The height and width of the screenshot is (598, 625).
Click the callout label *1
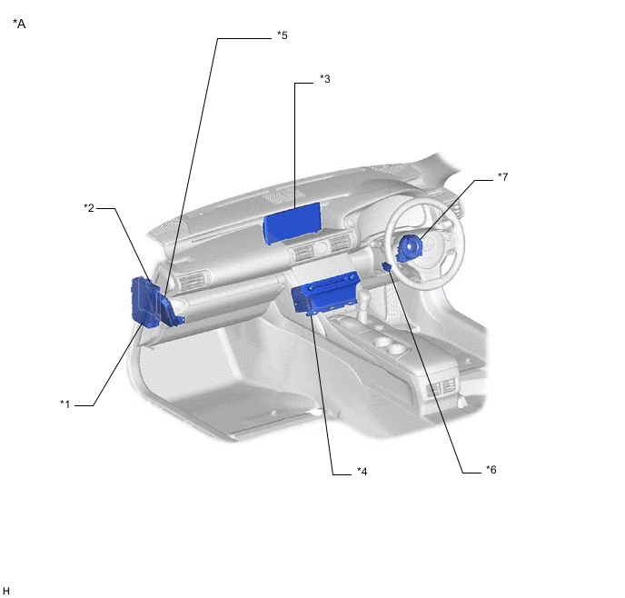pyautogui.click(x=65, y=404)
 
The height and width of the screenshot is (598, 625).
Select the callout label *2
pyautogui.click(x=89, y=208)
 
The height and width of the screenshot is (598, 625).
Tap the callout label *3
pyautogui.click(x=325, y=79)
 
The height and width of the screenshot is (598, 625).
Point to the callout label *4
pyautogui.click(x=362, y=472)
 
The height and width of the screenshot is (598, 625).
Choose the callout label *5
pyautogui.click(x=283, y=35)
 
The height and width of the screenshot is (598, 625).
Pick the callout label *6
pyautogui.click(x=491, y=470)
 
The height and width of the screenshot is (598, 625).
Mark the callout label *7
pyautogui.click(x=503, y=176)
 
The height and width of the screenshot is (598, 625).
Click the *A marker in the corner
pyautogui.click(x=19, y=24)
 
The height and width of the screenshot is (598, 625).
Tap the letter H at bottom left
pyautogui.click(x=5, y=591)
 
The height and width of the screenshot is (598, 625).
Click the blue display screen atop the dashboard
pyautogui.click(x=293, y=223)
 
